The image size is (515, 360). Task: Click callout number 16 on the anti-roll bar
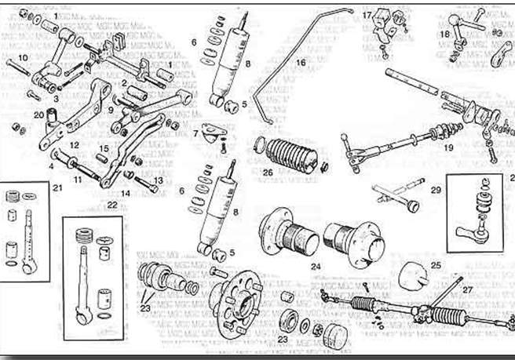tap(300, 60)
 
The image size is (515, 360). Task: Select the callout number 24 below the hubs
tap(316, 266)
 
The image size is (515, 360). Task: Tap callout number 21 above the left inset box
tap(57, 187)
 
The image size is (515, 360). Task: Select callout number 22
tap(113, 205)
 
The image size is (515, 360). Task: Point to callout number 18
tap(445, 35)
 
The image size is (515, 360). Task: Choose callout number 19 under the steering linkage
tap(448, 147)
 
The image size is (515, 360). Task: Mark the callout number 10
tap(23, 57)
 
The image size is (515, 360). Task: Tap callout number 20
tap(38, 115)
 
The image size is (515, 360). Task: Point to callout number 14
tap(125, 192)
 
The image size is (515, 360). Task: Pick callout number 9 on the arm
tap(111, 110)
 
